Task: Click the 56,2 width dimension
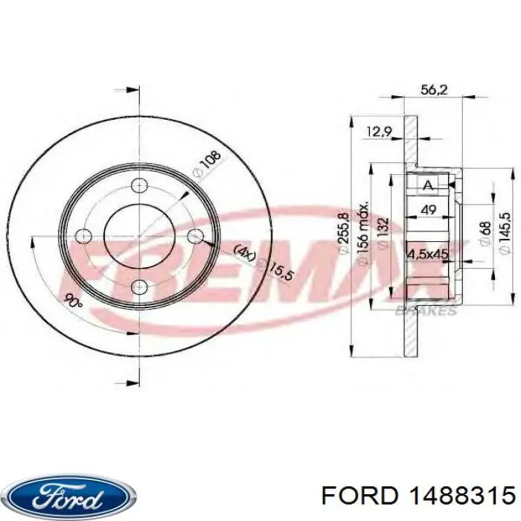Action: (x=434, y=90)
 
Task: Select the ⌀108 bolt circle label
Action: (x=207, y=164)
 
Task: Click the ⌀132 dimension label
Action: (x=383, y=234)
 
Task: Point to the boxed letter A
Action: (x=428, y=185)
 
